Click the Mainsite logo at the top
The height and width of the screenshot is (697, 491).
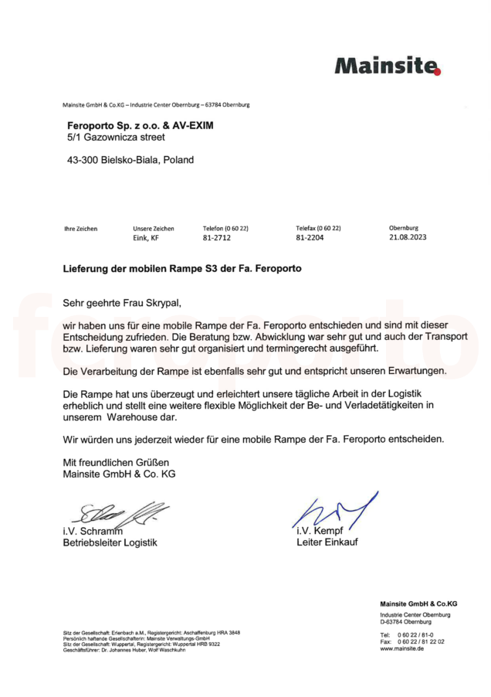point(387,66)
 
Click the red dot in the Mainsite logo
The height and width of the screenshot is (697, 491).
point(437,72)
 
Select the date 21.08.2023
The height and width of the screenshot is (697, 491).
point(408,238)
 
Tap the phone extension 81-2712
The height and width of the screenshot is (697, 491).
point(217,238)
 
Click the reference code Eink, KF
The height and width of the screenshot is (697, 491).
point(146,238)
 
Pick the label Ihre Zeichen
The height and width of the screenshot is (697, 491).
point(80,229)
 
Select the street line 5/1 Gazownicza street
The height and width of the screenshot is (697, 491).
point(117,137)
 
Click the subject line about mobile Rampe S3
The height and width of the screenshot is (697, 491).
point(181,270)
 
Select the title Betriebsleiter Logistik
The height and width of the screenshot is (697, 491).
point(110,542)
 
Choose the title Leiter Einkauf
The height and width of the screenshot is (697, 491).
point(327,542)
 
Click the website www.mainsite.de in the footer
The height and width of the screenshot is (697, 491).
point(401,648)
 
